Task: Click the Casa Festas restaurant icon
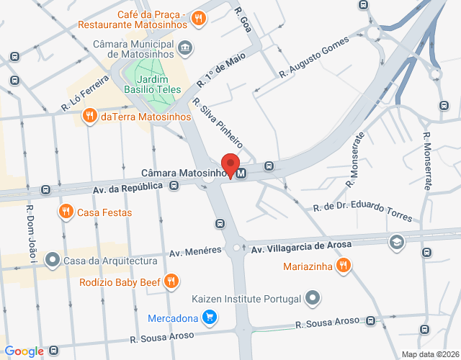(x=66, y=212)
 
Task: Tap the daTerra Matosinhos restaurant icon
(x=90, y=116)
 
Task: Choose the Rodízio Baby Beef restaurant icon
(x=171, y=281)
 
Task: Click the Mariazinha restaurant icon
(x=344, y=265)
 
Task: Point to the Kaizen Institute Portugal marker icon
(x=312, y=297)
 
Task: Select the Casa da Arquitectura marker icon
(x=52, y=259)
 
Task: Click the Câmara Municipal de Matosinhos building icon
(x=187, y=48)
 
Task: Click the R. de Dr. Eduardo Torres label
(x=362, y=212)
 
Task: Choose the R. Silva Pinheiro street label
(x=217, y=124)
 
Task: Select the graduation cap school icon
(x=396, y=241)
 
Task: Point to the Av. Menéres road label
(x=194, y=251)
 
